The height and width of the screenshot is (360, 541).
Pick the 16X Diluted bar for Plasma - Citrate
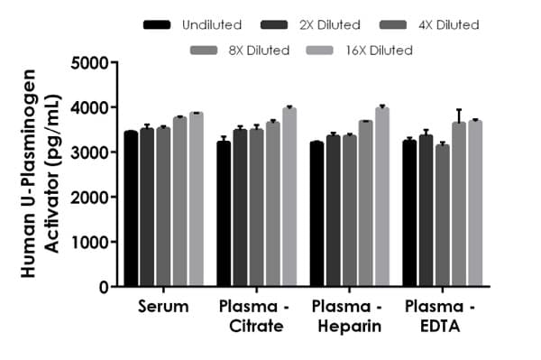[x=289, y=198]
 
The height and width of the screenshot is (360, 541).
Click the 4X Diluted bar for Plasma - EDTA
[x=442, y=216]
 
